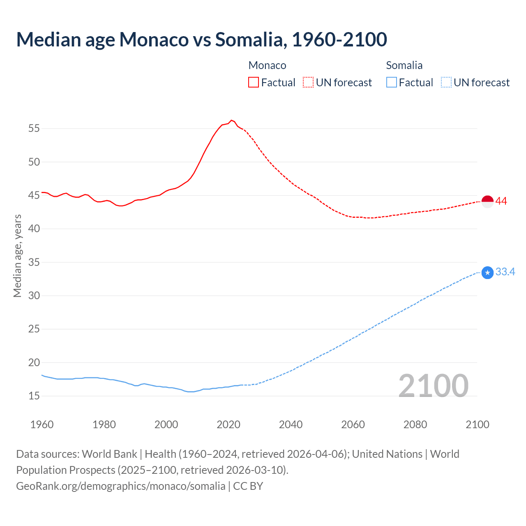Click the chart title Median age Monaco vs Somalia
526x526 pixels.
[201, 39]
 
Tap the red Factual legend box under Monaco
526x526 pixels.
[254, 82]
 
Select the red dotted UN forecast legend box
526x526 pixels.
[308, 82]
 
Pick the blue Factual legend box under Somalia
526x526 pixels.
[392, 82]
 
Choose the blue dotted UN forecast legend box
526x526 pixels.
[446, 82]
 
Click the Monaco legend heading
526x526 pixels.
[267, 65]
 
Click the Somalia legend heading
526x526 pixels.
[404, 65]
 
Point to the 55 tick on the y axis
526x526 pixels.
[34, 128]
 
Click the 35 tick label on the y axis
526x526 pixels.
[34, 262]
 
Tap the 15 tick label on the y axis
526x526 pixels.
[34, 396]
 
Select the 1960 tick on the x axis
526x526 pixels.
[42, 424]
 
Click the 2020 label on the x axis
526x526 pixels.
[228, 424]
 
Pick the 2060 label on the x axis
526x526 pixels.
[353, 424]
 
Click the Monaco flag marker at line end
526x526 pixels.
[487, 202]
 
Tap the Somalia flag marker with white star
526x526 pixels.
[487, 273]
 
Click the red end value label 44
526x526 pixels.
[501, 201]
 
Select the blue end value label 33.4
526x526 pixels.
[505, 272]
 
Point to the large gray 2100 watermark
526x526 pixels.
[434, 385]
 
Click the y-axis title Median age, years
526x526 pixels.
[17, 256]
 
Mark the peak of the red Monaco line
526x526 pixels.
[231, 120]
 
